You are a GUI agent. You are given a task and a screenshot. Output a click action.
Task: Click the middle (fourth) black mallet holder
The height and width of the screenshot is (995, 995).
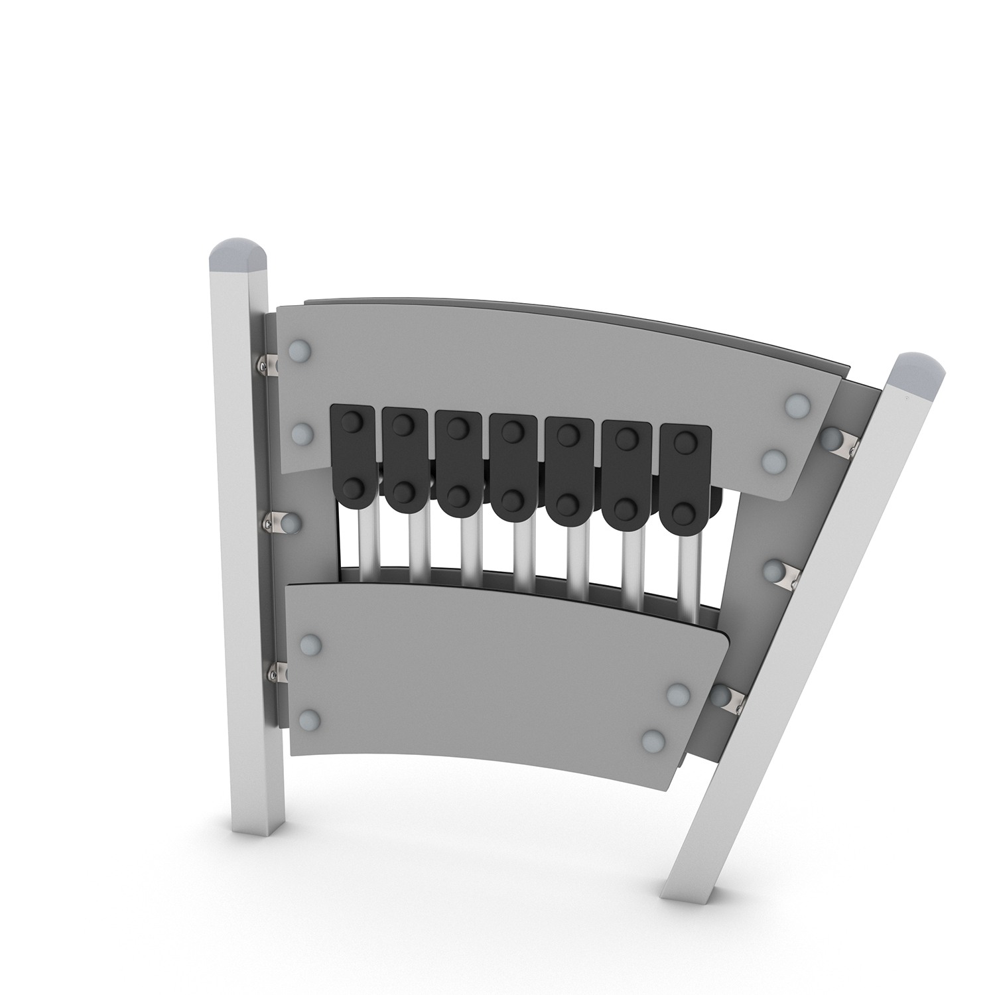(x=512, y=464)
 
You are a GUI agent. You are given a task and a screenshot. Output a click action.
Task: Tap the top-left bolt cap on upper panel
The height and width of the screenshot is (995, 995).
(x=300, y=350)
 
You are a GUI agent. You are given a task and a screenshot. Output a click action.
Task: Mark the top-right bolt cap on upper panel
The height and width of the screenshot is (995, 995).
(x=795, y=404)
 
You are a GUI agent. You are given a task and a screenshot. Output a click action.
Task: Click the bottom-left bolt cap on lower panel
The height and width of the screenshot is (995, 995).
(x=310, y=719)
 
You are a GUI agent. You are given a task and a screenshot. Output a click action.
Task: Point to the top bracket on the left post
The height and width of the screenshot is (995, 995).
(x=269, y=364)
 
